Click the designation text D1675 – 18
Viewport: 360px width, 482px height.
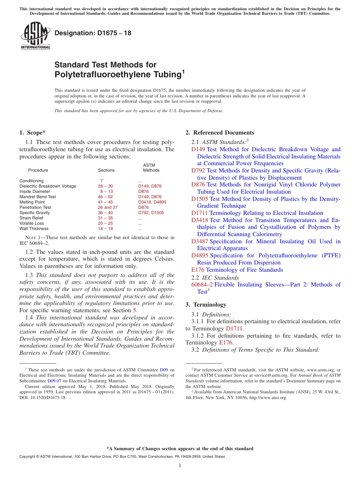point(93,33)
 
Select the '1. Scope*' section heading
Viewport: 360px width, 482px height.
point(32,133)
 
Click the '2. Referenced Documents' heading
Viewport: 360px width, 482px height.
point(219,133)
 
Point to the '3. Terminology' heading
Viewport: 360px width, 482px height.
point(206,305)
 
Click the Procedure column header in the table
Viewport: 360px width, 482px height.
point(38,170)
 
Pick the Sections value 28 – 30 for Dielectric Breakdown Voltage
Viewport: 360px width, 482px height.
point(105,186)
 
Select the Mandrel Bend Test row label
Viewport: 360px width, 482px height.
point(38,197)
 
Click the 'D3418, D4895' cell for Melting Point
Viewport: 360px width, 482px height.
point(152,202)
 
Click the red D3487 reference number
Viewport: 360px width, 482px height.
point(199,241)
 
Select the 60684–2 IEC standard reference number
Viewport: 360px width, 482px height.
point(202,285)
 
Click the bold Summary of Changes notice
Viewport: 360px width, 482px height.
point(180,449)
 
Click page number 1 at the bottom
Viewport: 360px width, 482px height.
point(180,465)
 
